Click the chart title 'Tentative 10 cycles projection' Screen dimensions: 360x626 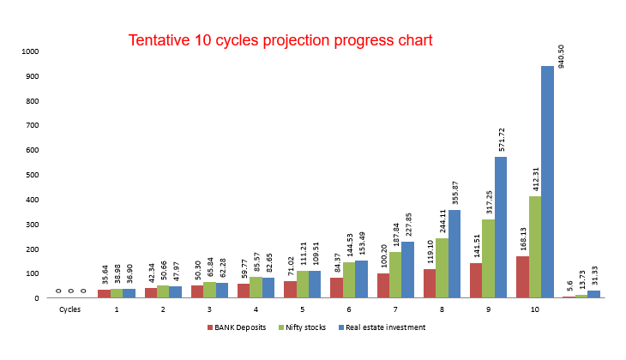pos(280,40)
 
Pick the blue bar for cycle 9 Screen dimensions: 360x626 pos(501,227)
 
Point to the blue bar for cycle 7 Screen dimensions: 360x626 pos(408,269)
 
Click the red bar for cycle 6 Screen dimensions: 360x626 pos(336,287)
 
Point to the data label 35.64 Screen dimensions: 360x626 pos(104,275)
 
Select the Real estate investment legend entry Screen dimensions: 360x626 pos(382,327)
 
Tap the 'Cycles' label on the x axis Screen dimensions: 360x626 pos(69,309)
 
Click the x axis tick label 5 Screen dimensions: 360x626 pos(302,309)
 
